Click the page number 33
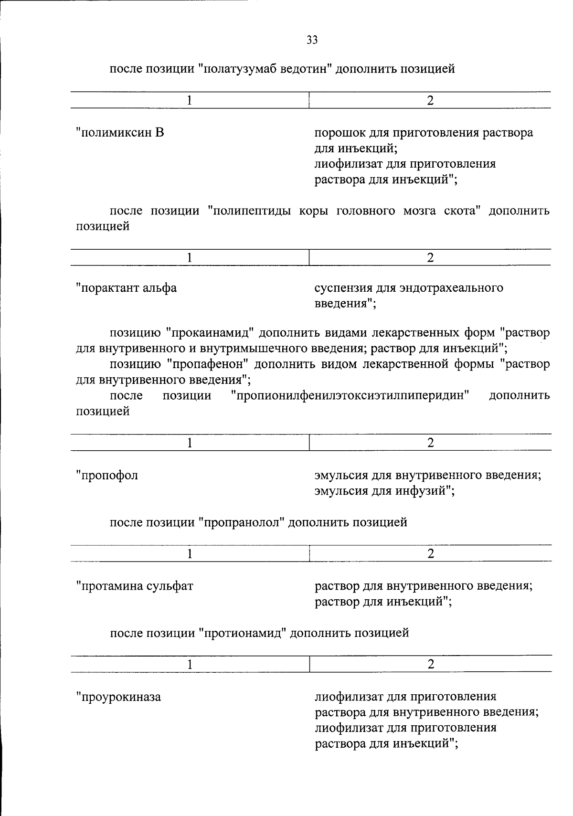point(312,40)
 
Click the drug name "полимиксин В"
point(120,132)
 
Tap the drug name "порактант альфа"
point(127,288)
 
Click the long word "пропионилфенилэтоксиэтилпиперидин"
point(350,395)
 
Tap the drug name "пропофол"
point(107,475)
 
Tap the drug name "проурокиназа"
point(119,697)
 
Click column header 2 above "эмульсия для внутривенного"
point(430,443)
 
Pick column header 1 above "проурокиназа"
point(190,664)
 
